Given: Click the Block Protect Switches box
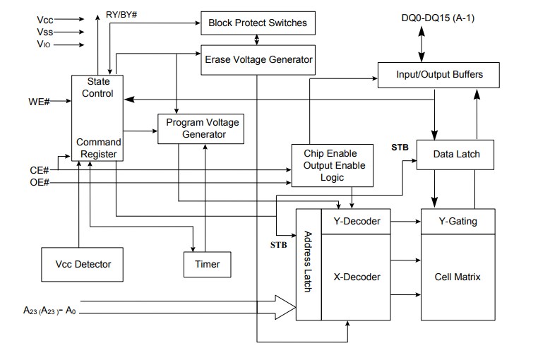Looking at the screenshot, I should (x=258, y=23).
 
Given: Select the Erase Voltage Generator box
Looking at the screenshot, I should (x=258, y=59).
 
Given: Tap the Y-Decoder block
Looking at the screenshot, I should (x=357, y=222).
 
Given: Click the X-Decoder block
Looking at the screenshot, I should (x=357, y=277).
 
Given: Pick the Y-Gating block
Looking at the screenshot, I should (x=458, y=222).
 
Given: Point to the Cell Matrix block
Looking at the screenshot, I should (x=458, y=277).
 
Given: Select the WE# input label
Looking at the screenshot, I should (x=38, y=103).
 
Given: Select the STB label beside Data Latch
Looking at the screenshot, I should (x=400, y=148).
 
